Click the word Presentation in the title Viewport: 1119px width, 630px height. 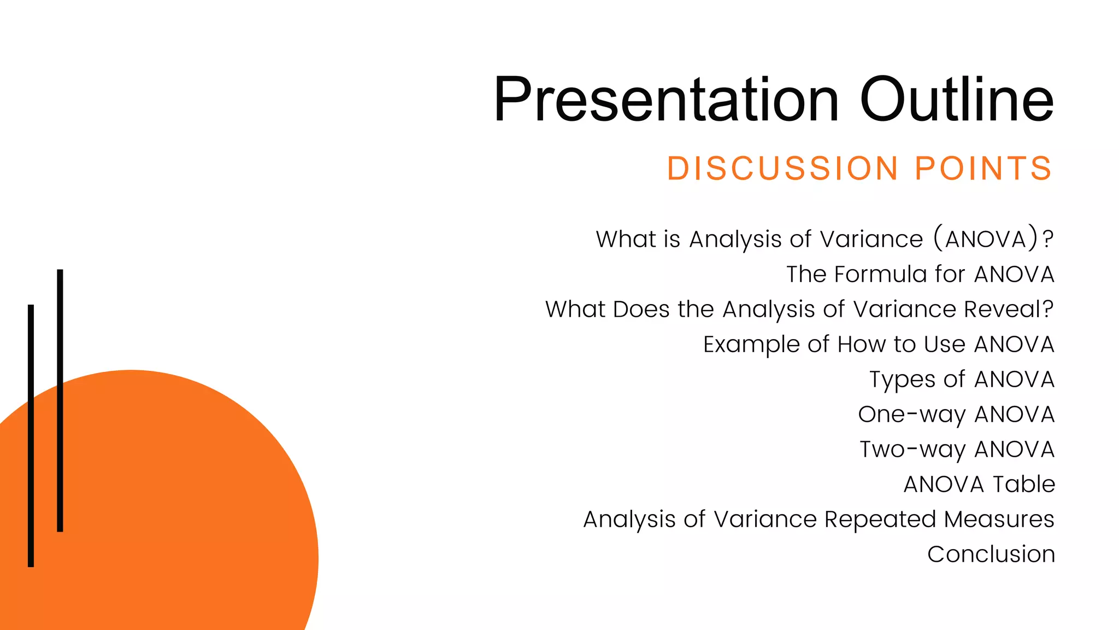point(665,100)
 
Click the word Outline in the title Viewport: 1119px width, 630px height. point(956,100)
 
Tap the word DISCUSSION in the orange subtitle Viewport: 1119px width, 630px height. point(782,168)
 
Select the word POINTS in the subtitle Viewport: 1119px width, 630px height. point(983,168)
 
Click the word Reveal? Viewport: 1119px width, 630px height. point(1008,310)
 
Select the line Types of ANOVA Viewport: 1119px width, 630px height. point(962,380)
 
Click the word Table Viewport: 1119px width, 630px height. point(1023,485)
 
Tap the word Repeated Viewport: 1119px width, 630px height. point(880,520)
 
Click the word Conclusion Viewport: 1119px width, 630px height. point(991,555)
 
